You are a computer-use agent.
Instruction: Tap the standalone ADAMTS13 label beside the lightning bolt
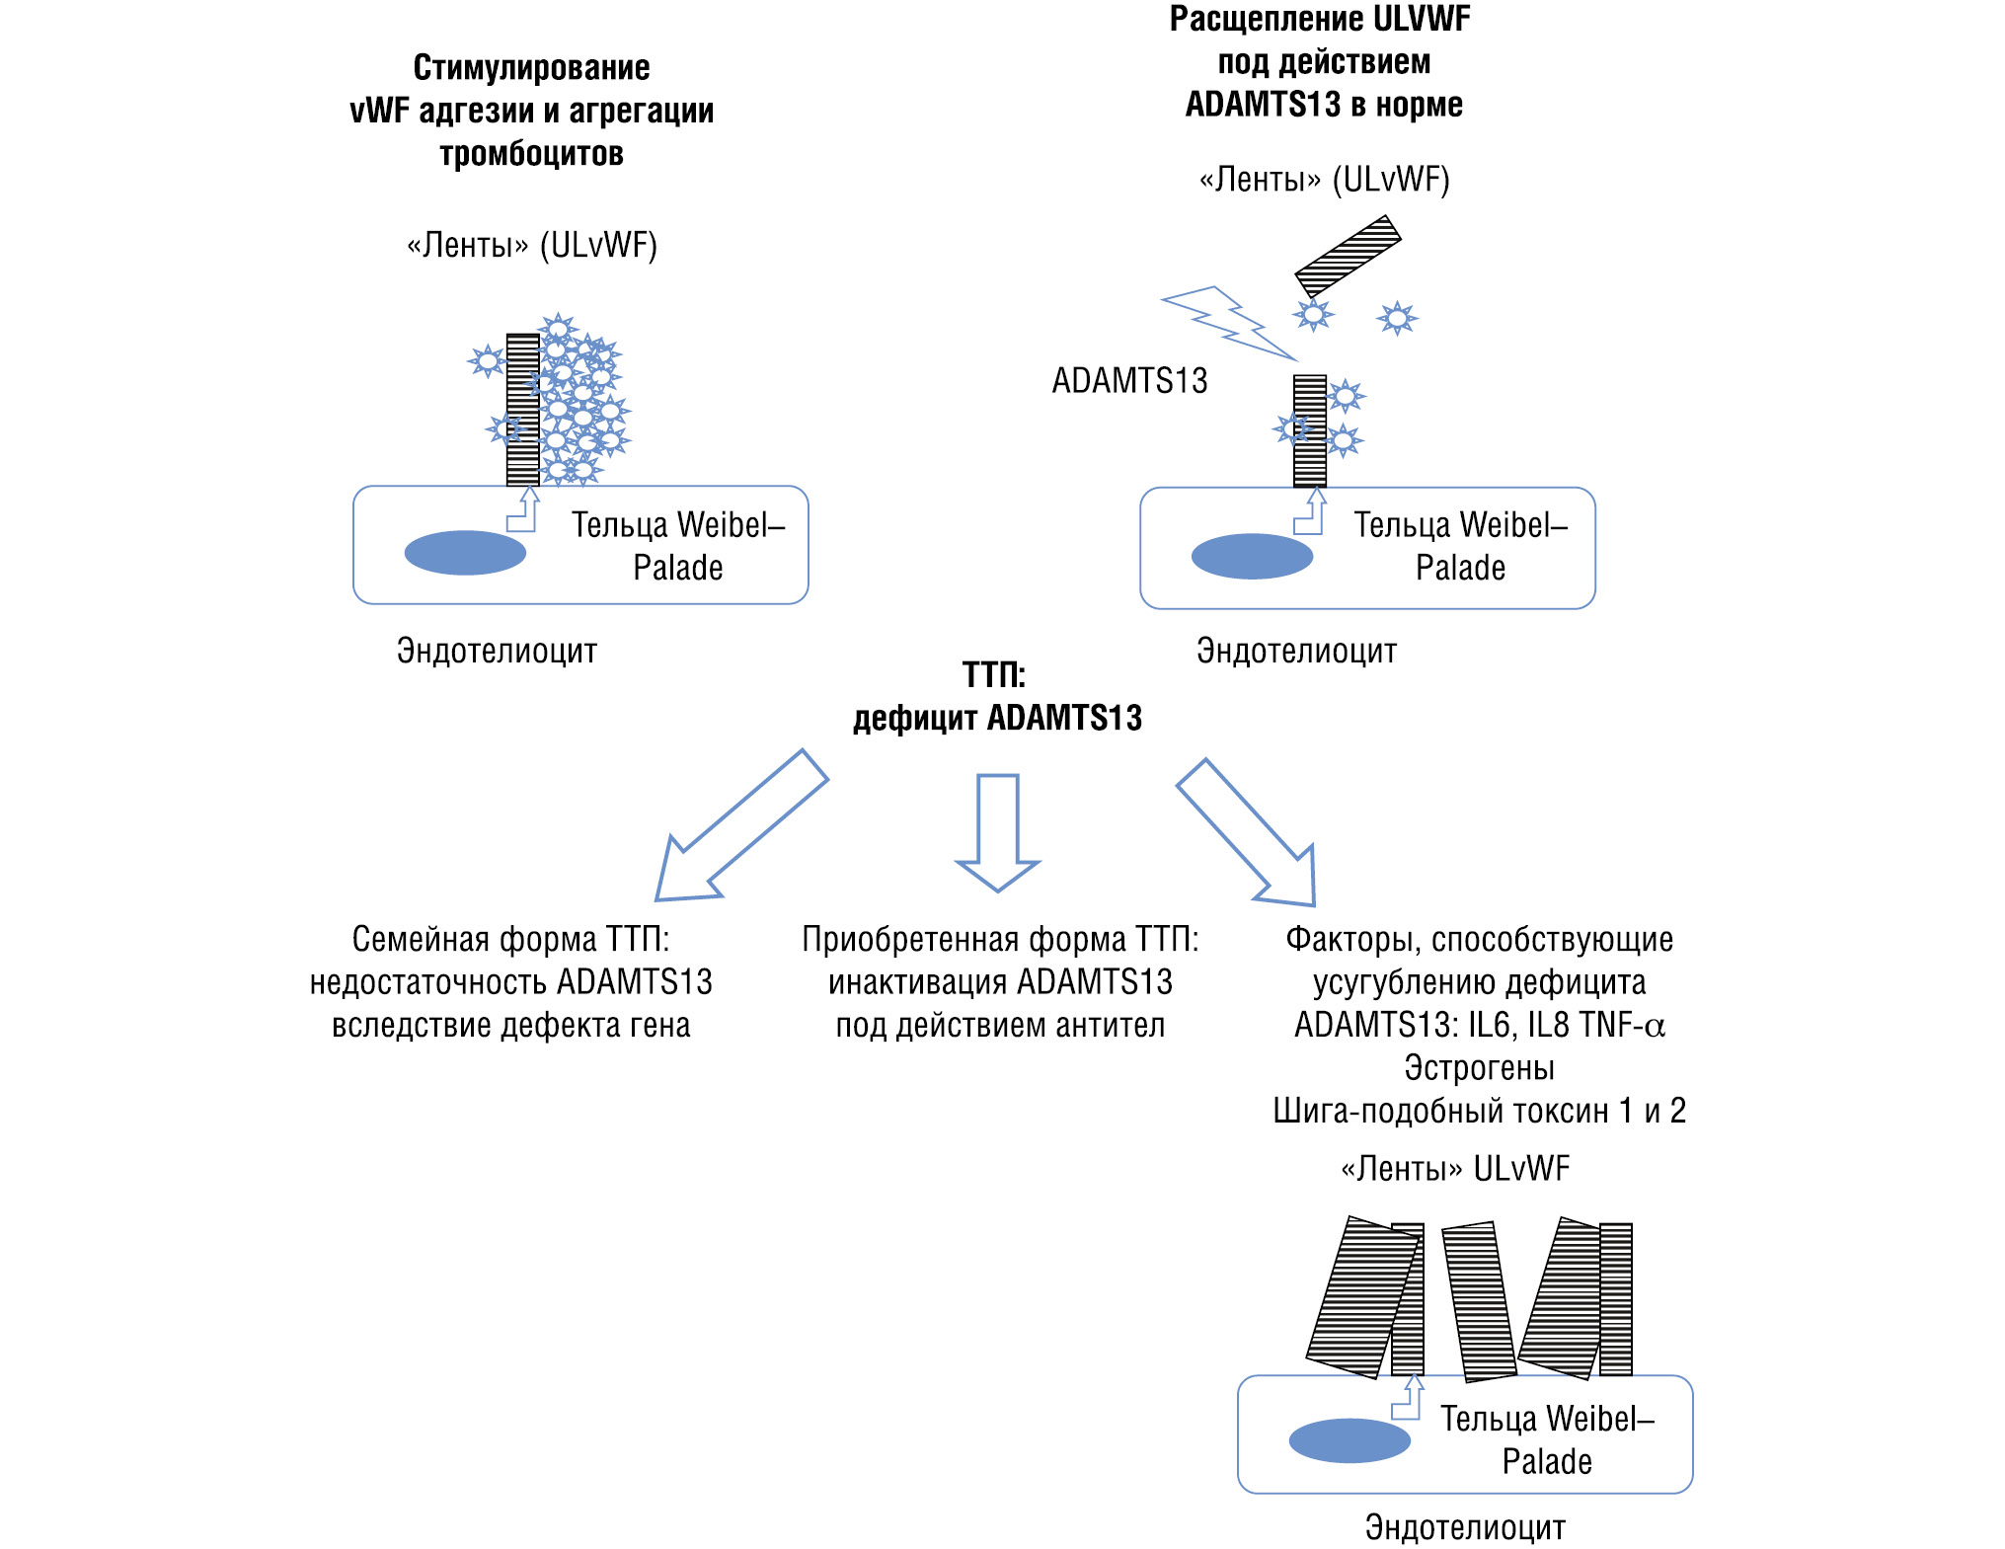pos(1129,381)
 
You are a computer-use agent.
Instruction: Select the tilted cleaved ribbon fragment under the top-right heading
pos(1348,256)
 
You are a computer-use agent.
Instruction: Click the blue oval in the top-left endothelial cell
pos(465,553)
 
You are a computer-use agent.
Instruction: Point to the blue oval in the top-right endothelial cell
pos(1252,556)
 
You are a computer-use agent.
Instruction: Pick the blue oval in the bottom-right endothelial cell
pos(1350,1440)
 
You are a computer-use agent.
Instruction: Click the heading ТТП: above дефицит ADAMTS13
pos(994,675)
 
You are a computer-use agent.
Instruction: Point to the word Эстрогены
pos(1479,1068)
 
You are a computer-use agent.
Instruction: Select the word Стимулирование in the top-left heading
pos(531,68)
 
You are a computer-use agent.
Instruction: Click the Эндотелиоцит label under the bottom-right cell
pos(1465,1527)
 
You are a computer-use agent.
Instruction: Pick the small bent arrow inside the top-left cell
pos(523,511)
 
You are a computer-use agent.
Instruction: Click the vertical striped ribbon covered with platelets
pos(522,410)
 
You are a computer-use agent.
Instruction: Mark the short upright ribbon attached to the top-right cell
pos(1310,431)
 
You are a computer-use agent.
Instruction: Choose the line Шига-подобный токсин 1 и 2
pos(1479,1112)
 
